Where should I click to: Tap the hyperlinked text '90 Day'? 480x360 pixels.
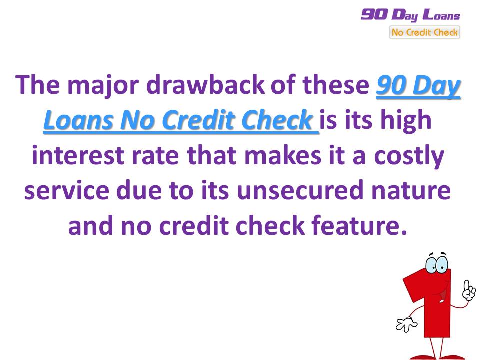click(x=418, y=86)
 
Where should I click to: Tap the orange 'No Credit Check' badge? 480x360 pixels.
click(x=424, y=33)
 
